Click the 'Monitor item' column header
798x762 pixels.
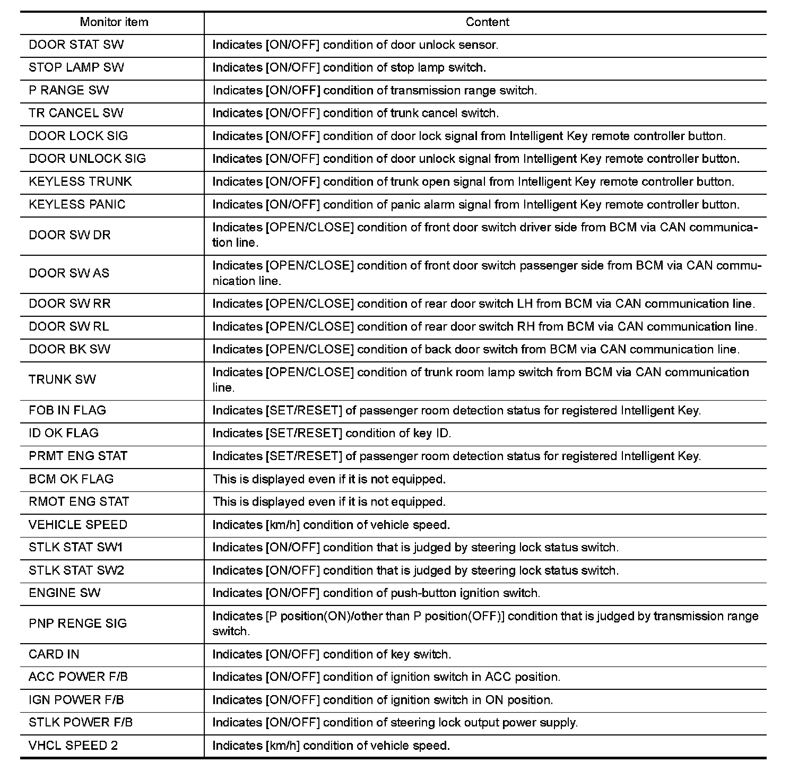coord(114,22)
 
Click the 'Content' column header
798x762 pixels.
coord(487,22)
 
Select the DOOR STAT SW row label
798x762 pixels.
coord(76,45)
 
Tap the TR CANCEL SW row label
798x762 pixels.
coord(76,114)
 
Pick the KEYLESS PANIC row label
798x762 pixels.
coord(77,205)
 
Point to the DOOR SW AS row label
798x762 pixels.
coord(69,274)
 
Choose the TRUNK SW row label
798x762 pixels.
coord(63,380)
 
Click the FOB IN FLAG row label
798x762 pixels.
coord(67,411)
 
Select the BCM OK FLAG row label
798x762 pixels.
coord(71,479)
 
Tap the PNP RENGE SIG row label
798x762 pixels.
coord(78,624)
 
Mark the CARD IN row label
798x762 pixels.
coord(54,655)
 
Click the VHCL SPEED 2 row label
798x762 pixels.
coord(73,746)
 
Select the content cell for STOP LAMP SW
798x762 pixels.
coord(349,68)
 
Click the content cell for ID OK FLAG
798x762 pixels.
coord(332,434)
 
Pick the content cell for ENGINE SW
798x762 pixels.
coord(376,593)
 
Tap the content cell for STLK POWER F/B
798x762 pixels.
coord(395,723)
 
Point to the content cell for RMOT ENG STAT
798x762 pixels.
coord(329,502)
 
